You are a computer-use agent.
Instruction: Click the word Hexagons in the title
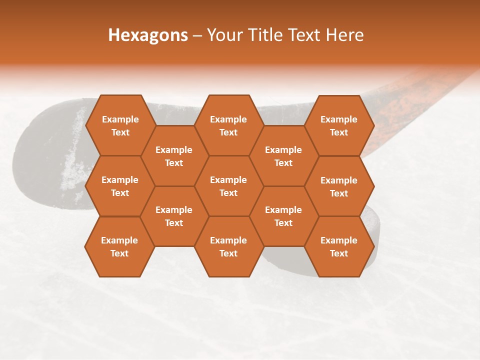click(148, 35)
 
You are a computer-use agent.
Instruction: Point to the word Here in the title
click(344, 35)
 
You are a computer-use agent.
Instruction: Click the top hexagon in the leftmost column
click(120, 125)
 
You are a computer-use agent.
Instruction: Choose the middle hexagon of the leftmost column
click(120, 186)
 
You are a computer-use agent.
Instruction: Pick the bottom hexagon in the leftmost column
click(119, 246)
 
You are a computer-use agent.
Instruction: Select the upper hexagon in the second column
click(174, 156)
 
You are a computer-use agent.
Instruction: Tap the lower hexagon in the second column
click(174, 216)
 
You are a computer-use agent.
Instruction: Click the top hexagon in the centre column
click(228, 125)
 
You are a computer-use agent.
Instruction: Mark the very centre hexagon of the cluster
click(228, 186)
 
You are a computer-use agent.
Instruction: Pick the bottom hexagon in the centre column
click(228, 246)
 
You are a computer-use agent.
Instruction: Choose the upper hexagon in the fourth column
click(283, 156)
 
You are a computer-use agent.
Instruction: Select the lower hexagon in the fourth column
click(283, 216)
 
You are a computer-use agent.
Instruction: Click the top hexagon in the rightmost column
click(339, 125)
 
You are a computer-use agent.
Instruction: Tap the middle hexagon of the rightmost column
click(339, 186)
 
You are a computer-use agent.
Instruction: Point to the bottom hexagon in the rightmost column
click(339, 246)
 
